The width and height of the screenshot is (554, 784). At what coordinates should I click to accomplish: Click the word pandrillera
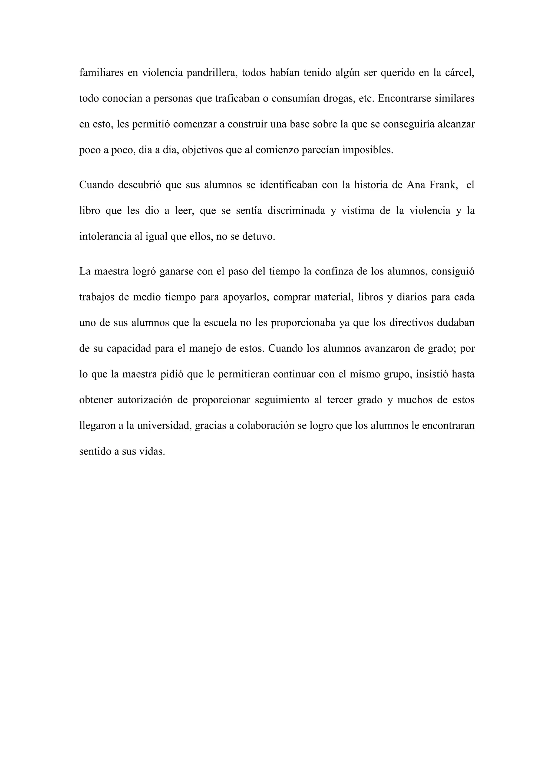click(x=212, y=73)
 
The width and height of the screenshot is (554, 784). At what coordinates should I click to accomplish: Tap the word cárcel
click(x=460, y=73)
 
